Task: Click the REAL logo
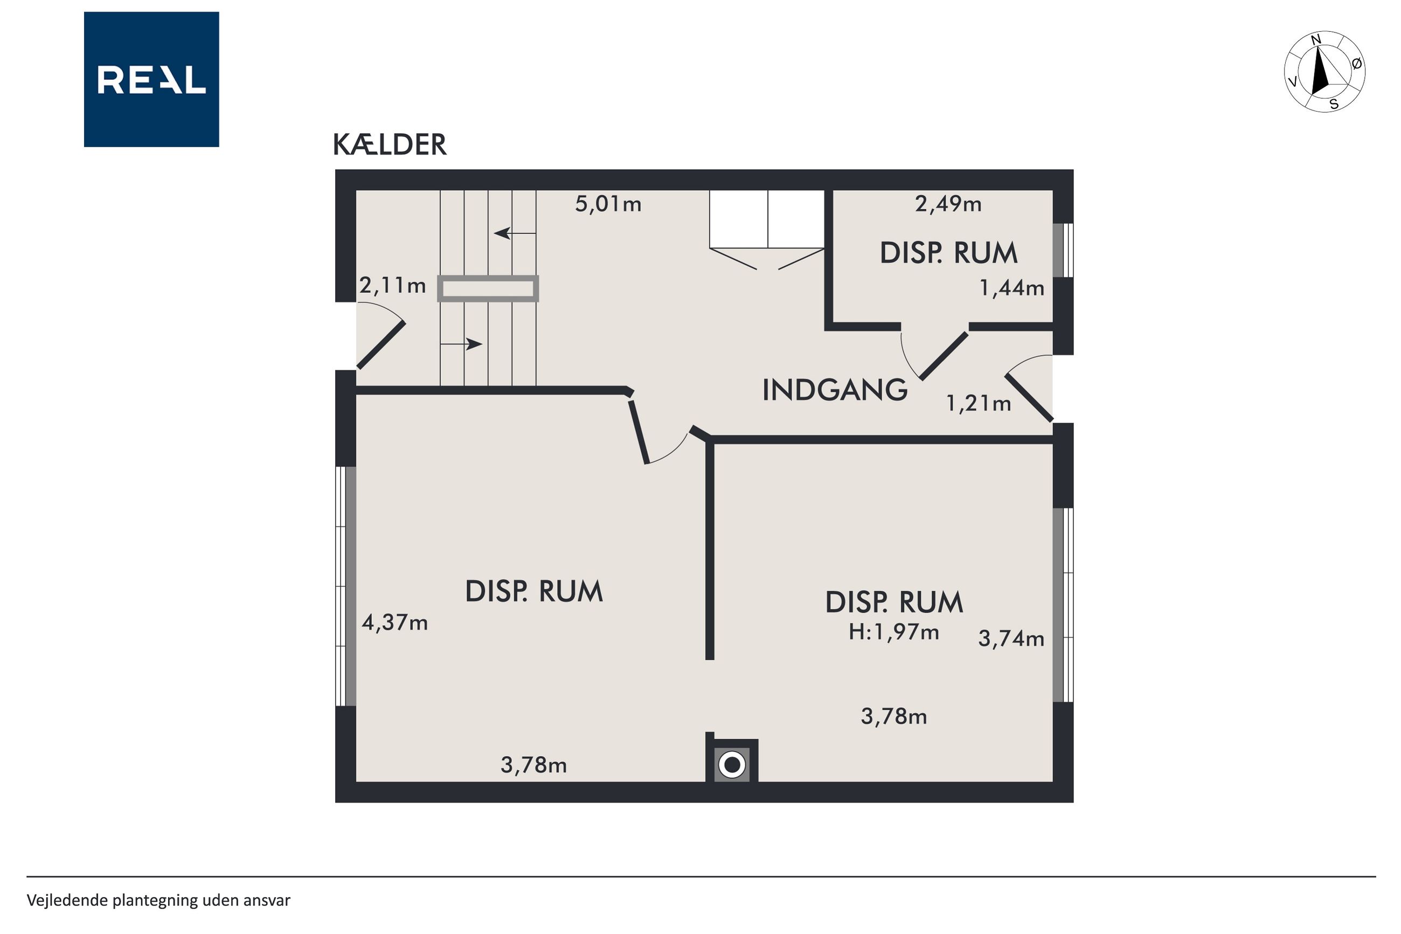coord(151,79)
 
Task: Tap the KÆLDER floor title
coord(390,145)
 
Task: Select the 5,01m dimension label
coord(608,204)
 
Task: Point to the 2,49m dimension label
coord(948,204)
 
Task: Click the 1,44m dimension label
coord(1011,288)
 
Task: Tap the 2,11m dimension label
coord(392,286)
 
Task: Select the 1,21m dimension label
coord(978,404)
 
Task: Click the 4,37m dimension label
coord(395,623)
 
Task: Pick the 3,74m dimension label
coord(1011,639)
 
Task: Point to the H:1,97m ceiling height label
coord(894,632)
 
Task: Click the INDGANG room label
coord(835,390)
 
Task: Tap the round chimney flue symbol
coord(732,764)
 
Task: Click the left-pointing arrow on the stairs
coord(515,233)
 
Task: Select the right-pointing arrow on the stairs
coord(461,344)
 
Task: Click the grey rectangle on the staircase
coord(488,289)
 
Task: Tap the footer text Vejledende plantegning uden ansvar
coord(158,900)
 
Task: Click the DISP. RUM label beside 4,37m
coord(534,591)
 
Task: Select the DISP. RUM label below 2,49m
coord(948,253)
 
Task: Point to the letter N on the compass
coord(1316,40)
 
